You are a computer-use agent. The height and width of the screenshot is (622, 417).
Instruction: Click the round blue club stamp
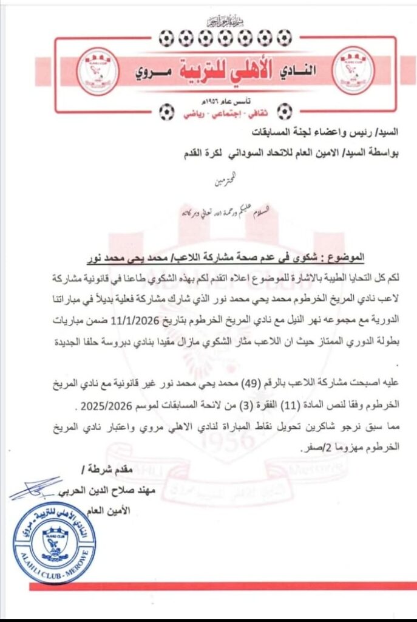(55, 542)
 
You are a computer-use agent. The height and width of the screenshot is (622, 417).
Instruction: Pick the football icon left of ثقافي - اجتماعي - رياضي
(165, 112)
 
